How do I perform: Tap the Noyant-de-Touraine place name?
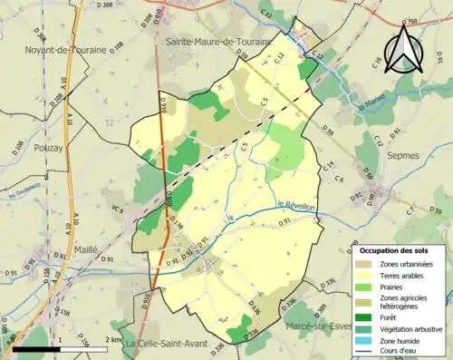click(68, 49)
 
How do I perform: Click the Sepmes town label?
click(403, 155)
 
